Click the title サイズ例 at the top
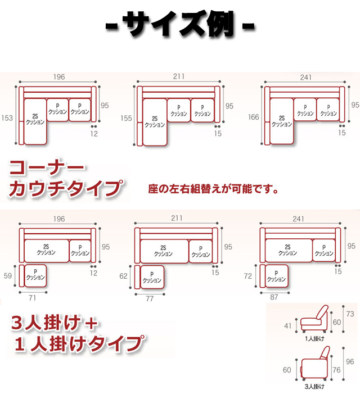point(180,25)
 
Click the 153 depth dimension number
point(7,118)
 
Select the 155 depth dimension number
point(126,119)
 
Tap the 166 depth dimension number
point(254,117)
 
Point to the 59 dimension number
point(8,276)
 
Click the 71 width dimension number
point(32,298)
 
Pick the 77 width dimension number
point(150,299)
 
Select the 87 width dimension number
point(274,297)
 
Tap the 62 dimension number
point(124,276)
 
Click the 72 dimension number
point(248,276)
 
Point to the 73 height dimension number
point(350,314)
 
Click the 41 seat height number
point(287,326)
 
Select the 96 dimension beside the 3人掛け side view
point(350,362)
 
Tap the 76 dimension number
point(336,370)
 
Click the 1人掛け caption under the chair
point(314,339)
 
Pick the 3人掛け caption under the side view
point(314,387)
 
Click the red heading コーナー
point(47,167)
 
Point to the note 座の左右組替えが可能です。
point(213,189)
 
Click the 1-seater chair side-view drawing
point(314,319)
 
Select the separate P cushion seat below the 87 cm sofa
point(277,276)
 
